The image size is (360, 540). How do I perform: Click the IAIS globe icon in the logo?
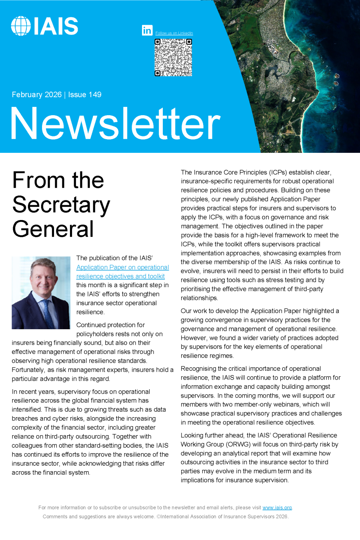click(x=21, y=26)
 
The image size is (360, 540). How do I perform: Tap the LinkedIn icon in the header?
click(x=147, y=30)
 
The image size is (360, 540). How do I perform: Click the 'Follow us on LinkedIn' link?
click(x=174, y=33)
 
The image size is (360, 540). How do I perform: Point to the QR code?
click(x=173, y=57)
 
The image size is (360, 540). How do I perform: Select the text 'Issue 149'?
click(x=85, y=95)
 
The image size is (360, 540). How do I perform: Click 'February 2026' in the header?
click(x=37, y=95)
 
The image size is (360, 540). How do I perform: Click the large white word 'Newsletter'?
click(x=115, y=124)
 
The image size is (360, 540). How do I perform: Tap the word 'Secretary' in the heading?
click(x=61, y=205)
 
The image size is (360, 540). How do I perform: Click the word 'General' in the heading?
click(x=53, y=229)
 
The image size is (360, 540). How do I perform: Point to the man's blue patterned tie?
click(x=48, y=312)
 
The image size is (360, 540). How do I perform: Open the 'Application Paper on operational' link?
click(x=122, y=267)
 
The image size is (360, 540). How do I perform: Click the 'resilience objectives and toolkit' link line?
click(x=120, y=276)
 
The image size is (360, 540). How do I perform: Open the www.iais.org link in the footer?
click(x=277, y=508)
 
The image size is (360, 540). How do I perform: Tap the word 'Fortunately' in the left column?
click(x=28, y=370)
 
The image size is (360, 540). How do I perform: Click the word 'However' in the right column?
click(x=193, y=338)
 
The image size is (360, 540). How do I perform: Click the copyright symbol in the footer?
click(x=158, y=516)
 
